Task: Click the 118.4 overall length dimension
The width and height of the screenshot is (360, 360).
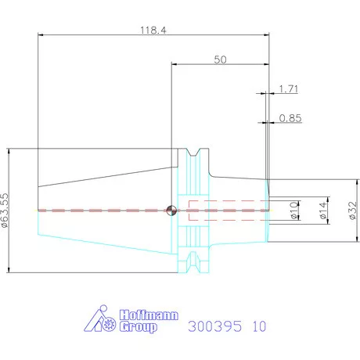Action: pyautogui.click(x=153, y=31)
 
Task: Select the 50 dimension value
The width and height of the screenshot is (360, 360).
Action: pyautogui.click(x=220, y=59)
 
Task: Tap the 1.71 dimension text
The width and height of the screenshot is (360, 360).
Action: pyautogui.click(x=289, y=89)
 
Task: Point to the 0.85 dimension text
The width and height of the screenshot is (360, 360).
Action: pyautogui.click(x=290, y=118)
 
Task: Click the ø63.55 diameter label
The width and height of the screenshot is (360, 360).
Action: pyautogui.click(x=5, y=211)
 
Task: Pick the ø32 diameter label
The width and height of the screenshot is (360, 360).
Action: pyautogui.click(x=352, y=211)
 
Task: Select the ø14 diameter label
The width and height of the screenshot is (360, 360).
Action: pyautogui.click(x=323, y=211)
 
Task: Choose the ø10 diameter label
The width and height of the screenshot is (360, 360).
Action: pyautogui.click(x=294, y=211)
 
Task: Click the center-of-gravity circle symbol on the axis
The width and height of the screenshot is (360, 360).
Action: pyautogui.click(x=171, y=211)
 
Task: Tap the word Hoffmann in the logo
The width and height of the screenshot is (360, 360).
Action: pyautogui.click(x=149, y=315)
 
